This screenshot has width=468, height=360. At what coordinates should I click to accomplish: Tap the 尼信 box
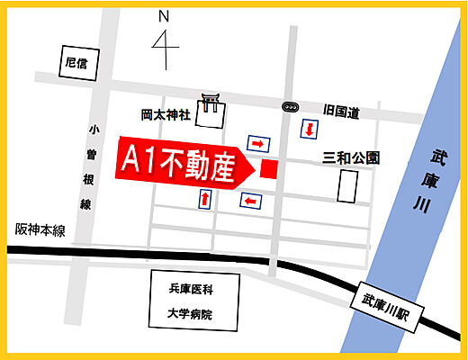pyautogui.click(x=76, y=63)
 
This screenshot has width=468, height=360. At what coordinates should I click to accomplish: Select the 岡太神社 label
pyautogui.click(x=166, y=115)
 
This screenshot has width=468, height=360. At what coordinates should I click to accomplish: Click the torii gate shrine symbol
pyautogui.click(x=211, y=103)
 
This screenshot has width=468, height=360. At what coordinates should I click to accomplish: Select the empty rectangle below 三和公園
pyautogui.click(x=347, y=186)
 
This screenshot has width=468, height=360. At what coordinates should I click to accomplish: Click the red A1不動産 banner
pyautogui.click(x=180, y=165)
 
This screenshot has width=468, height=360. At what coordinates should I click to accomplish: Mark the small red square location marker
pyautogui.click(x=268, y=167)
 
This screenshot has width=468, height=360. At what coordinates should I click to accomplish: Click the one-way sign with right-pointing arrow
pyautogui.click(x=258, y=143)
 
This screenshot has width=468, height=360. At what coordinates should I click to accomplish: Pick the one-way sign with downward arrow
pyautogui.click(x=309, y=130)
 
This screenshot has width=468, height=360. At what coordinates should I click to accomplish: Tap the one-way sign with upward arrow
pyautogui.click(x=206, y=198)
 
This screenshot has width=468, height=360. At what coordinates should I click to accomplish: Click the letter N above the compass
pyautogui.click(x=164, y=16)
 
